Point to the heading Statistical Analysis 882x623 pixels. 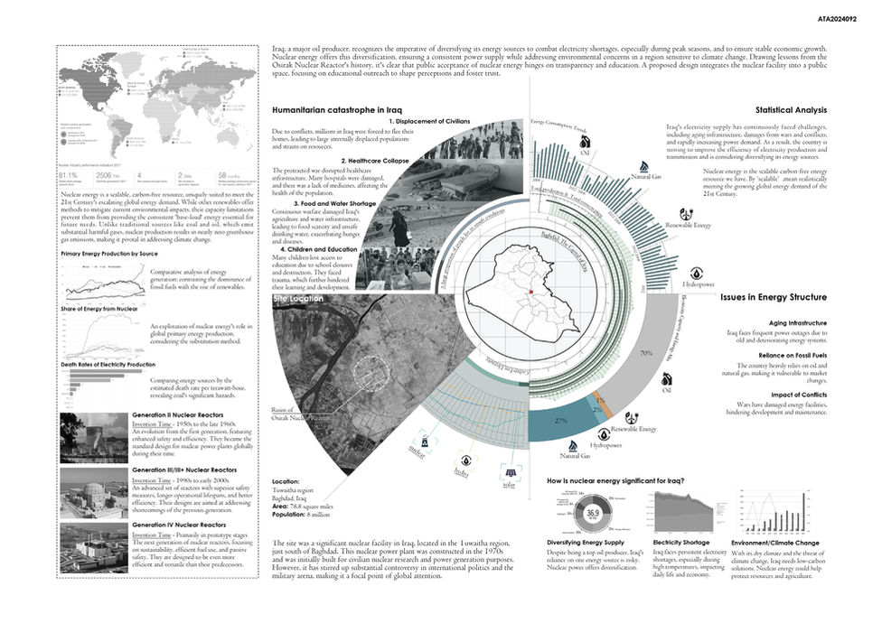792,110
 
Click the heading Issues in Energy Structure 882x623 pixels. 774,297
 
